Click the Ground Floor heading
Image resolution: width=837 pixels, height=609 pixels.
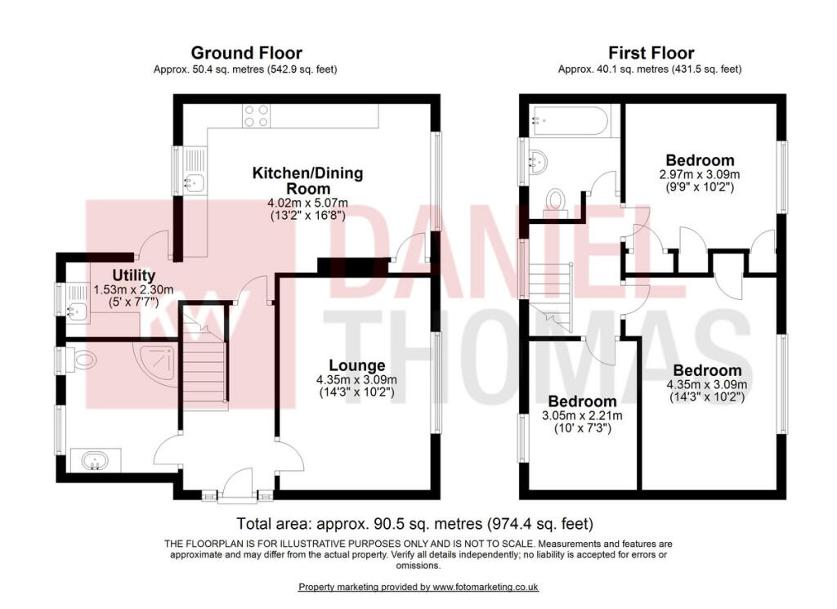(x=246, y=54)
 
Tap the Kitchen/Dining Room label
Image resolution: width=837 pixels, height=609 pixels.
(x=307, y=181)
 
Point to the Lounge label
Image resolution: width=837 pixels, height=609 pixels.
(x=356, y=365)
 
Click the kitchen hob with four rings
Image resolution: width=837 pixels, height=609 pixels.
(x=256, y=116)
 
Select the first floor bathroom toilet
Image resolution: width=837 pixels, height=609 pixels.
(x=556, y=199)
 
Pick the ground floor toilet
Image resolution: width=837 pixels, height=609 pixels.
(x=82, y=359)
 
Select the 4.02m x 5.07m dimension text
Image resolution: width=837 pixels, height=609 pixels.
(x=307, y=203)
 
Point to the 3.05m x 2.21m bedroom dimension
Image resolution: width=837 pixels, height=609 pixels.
(x=582, y=416)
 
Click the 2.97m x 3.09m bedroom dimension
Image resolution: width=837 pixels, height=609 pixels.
(x=700, y=174)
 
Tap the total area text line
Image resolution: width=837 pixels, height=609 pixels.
(x=414, y=523)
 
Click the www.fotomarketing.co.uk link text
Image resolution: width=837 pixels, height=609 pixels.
(x=485, y=587)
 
